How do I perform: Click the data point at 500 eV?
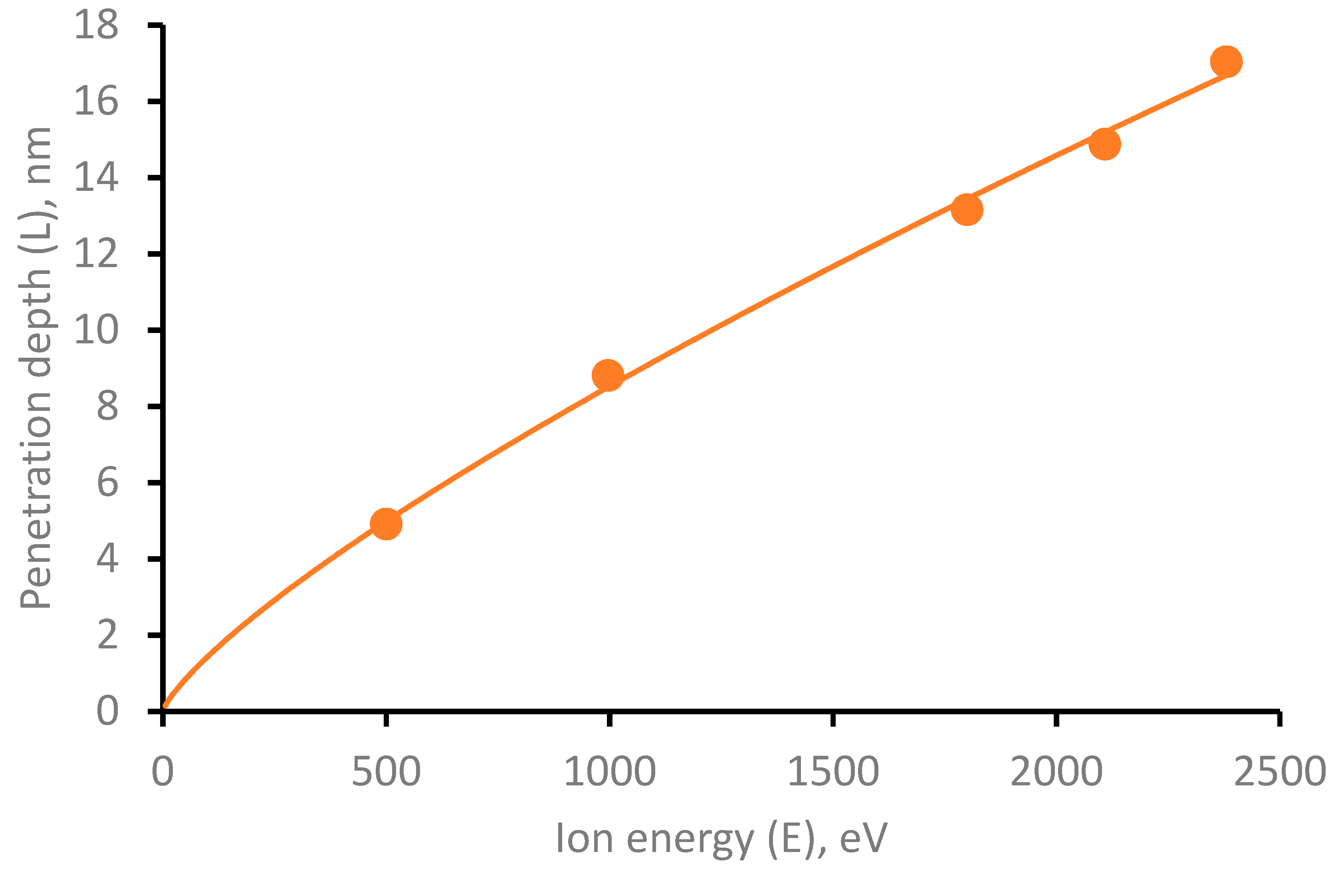point(386,524)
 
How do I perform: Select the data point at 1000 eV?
point(608,375)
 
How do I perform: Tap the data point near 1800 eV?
point(967,209)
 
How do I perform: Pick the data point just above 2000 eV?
point(1105,144)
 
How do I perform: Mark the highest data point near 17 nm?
point(1226,62)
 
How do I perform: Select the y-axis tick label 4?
point(107,559)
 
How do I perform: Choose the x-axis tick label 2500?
point(1279,772)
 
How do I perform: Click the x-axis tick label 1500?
point(833,772)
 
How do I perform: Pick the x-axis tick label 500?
point(386,772)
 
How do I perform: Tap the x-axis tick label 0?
point(163,772)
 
